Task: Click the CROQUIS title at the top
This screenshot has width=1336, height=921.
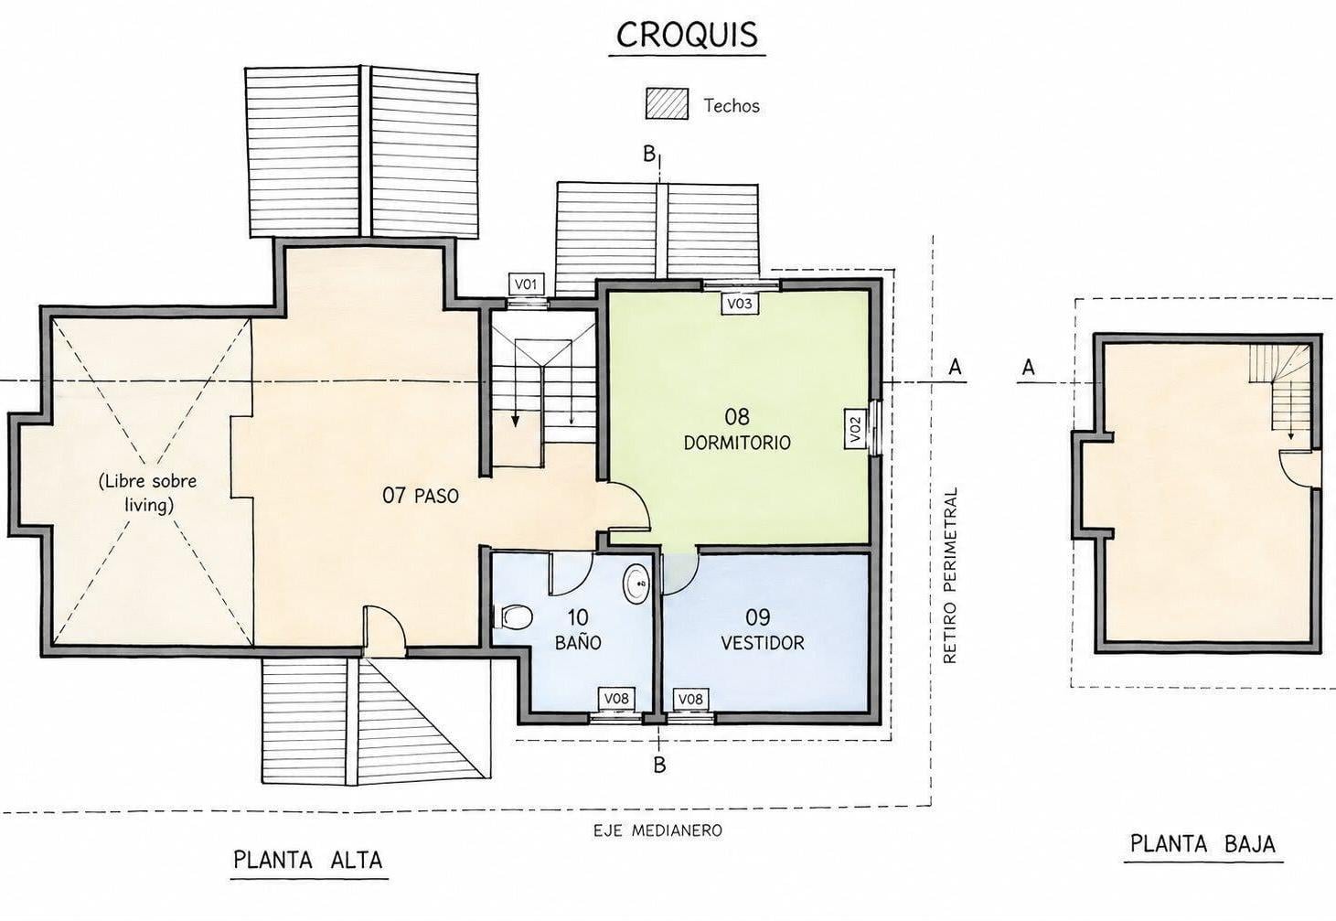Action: click(687, 35)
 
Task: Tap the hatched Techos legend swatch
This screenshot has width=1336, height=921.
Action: click(667, 103)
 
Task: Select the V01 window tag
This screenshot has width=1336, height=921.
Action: click(526, 284)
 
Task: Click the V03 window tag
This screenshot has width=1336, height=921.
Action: click(740, 304)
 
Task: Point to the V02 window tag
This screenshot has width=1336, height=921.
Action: click(855, 429)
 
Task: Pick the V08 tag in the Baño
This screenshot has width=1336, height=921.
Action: click(616, 698)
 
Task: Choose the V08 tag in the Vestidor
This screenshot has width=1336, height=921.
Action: click(691, 698)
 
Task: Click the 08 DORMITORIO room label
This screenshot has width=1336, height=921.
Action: click(737, 430)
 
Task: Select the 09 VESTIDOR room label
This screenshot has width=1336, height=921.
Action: click(762, 630)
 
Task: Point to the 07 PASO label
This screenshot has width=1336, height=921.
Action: click(421, 496)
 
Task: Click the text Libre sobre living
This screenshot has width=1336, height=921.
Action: click(148, 493)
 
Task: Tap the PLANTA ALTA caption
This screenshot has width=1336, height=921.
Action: click(308, 860)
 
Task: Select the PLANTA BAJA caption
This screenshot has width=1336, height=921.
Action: click(1203, 844)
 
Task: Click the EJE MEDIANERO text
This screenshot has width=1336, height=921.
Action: click(657, 830)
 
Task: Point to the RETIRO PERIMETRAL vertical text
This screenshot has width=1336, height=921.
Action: click(950, 575)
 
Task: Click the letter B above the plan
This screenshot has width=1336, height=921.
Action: click(649, 154)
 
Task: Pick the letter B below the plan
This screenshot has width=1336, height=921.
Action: click(659, 765)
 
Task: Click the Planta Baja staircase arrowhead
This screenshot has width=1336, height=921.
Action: click(1291, 436)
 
